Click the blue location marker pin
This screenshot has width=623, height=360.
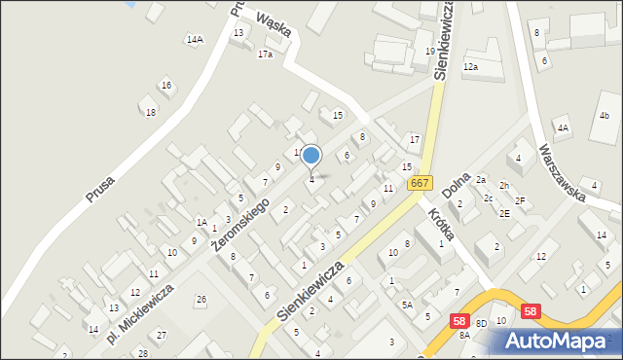pos(311,156)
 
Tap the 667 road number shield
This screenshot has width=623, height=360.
pos(420,183)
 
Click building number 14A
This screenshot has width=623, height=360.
pos(195,39)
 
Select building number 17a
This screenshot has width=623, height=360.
pos(265,54)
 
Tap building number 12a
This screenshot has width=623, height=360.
pos(471,66)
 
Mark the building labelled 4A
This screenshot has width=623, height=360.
pos(562,127)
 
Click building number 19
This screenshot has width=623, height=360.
pos(429,51)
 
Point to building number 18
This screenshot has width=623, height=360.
pos(150,112)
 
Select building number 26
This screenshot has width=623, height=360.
pos(201,299)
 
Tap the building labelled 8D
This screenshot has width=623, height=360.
pos(481,335)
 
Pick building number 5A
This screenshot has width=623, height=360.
pos(408,305)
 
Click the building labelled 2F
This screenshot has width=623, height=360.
pos(520,200)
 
